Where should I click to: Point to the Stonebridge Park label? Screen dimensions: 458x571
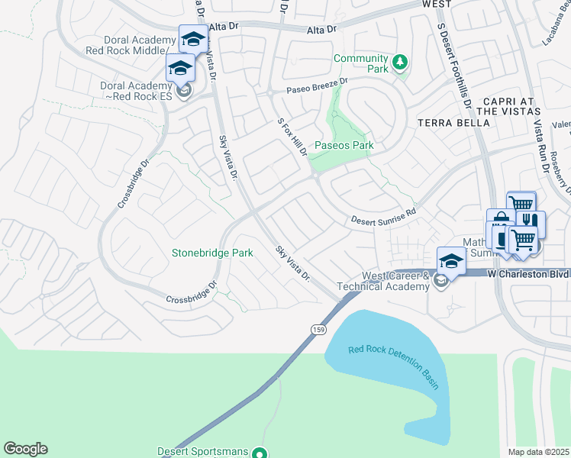click(x=212, y=253)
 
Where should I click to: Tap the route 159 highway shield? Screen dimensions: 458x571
click(x=318, y=328)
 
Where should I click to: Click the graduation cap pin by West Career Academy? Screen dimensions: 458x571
click(x=451, y=261)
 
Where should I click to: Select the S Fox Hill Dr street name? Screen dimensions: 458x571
click(x=292, y=137)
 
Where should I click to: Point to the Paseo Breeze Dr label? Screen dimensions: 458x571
click(x=317, y=85)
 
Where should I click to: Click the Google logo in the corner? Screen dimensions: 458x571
click(x=25, y=449)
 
